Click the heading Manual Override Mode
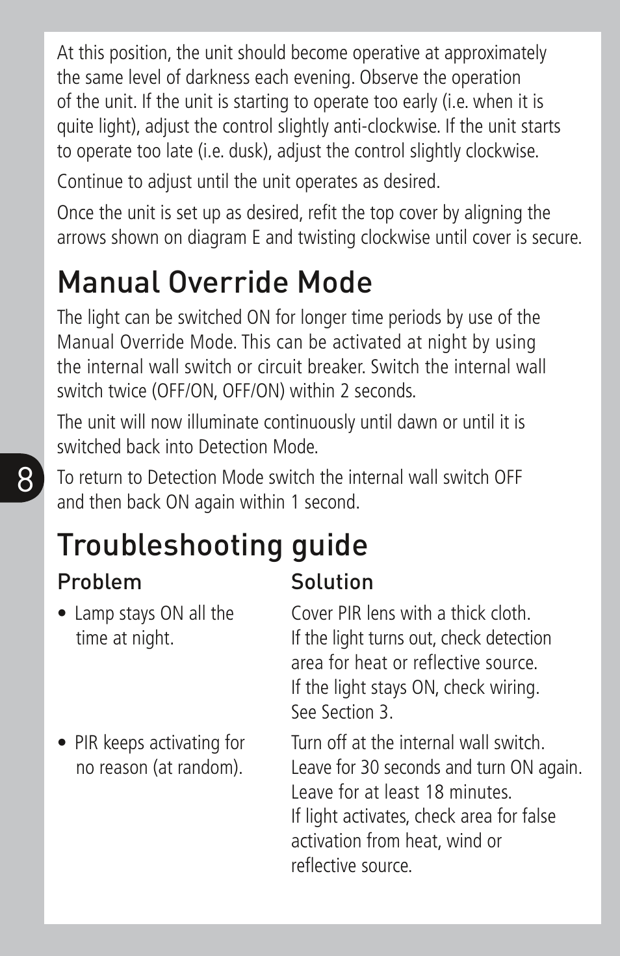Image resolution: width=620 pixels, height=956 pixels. pos(214,283)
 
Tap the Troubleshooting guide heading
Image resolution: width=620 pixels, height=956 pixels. pos(212,545)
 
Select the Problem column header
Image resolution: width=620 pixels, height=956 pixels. pos(99,582)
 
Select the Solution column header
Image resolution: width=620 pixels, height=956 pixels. pos(332,582)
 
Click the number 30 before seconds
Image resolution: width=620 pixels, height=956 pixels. pos(370,768)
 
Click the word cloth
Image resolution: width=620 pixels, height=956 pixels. pos(508,614)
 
